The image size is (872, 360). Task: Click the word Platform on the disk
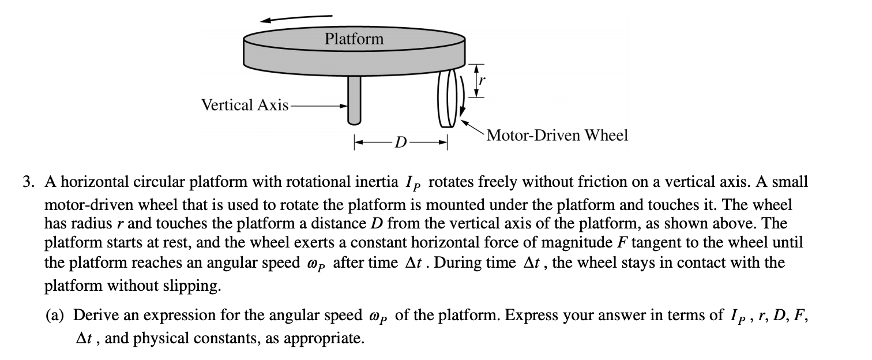point(354,39)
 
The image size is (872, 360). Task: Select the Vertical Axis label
point(245,105)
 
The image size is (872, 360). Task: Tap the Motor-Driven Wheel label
point(557,135)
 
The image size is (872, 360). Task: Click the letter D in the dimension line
point(400,142)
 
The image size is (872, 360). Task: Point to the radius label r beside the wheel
point(482,80)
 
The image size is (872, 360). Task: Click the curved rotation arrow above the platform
point(296,18)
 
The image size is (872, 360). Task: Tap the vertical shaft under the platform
point(354,100)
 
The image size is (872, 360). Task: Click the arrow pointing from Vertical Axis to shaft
point(318,106)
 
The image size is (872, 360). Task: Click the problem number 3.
point(28,182)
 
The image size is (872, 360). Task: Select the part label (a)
point(54,315)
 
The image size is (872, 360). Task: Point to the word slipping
point(192,286)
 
